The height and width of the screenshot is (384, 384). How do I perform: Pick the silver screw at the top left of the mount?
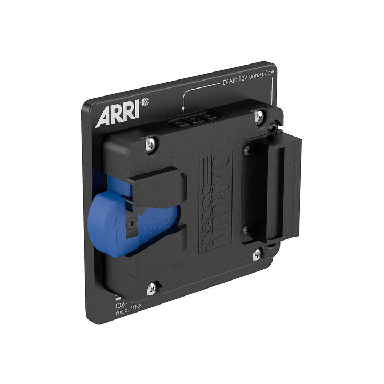tap(151, 142)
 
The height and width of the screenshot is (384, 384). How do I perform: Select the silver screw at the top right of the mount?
tap(259, 116)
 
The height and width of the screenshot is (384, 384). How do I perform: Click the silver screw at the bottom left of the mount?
tap(151, 288)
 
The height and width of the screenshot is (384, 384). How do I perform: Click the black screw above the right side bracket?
tap(273, 127)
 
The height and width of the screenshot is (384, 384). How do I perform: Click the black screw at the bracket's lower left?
tap(246, 230)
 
